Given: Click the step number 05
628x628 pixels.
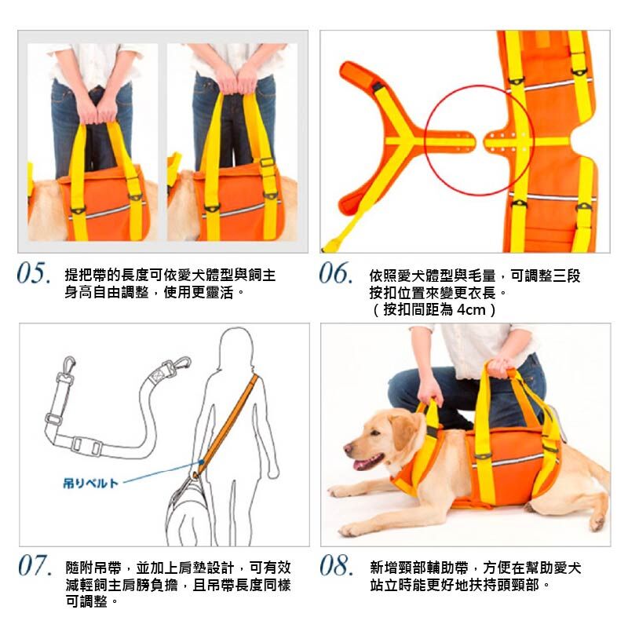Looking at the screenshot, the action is [x=34, y=273].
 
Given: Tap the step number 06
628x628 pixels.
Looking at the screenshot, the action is [x=336, y=273].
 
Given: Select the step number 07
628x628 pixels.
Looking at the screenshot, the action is [x=35, y=565].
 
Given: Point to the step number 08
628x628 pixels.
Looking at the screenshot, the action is [x=337, y=565].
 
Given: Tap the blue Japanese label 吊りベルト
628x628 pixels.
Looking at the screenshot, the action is [x=90, y=483].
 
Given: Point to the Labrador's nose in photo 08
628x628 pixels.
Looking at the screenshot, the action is [x=347, y=448].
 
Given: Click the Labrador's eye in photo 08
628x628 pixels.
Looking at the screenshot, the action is [x=375, y=433].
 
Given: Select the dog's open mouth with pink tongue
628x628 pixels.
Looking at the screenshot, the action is [x=367, y=462].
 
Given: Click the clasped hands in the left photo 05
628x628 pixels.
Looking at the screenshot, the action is [x=96, y=109].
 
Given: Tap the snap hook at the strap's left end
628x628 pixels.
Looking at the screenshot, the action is [x=68, y=366].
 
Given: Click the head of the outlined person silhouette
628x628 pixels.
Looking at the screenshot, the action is [x=237, y=345].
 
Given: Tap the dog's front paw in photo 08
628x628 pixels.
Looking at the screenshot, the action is [x=349, y=531].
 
